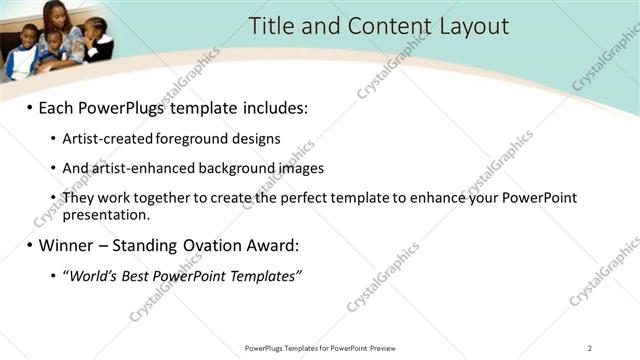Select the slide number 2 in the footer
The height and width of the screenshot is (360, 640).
coord(590,348)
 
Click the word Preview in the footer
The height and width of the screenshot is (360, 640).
coord(387,348)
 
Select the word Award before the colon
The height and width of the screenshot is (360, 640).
coord(270,245)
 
